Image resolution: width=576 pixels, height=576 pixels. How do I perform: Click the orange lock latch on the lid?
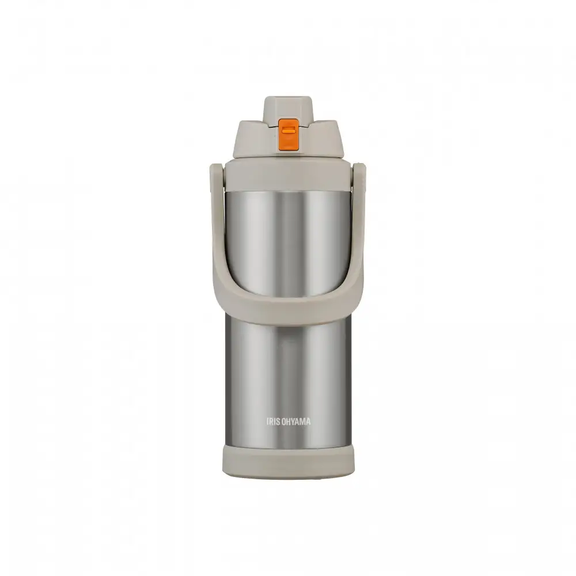tap(287, 134)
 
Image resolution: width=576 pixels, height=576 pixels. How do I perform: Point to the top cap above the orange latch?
tap(287, 108)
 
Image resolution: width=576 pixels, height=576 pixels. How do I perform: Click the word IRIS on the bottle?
tap(274, 422)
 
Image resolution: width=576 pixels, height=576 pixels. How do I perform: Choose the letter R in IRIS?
tap(271, 422)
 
